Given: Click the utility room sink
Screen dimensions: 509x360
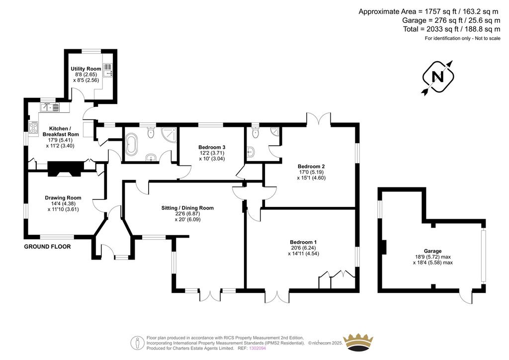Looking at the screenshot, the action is click(x=108, y=70).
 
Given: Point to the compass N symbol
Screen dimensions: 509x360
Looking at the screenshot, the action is click(x=438, y=78).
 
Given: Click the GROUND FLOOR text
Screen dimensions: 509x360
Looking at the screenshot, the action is click(x=47, y=247).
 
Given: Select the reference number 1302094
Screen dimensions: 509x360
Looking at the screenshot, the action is click(x=257, y=348).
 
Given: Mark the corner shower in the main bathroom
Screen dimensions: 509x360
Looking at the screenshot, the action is click(x=170, y=134).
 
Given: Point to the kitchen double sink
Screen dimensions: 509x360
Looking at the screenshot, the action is click(x=50, y=107).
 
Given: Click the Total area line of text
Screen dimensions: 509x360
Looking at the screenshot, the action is click(x=451, y=29).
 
